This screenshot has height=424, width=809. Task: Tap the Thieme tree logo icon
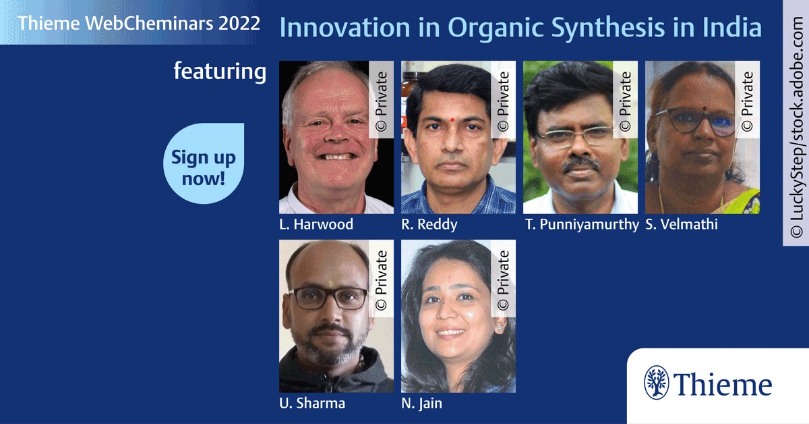click(657, 383)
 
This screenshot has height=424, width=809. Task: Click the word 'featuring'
click(220, 71)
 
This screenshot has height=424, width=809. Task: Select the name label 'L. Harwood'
click(316, 225)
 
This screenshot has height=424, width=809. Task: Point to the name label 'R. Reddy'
click(429, 225)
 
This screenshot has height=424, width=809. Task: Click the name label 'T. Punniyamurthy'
click(581, 225)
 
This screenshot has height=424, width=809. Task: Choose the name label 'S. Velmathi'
click(681, 225)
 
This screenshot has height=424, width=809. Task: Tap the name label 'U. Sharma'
click(311, 404)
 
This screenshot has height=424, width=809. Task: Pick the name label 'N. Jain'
click(421, 404)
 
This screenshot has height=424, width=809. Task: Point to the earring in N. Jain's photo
click(500, 326)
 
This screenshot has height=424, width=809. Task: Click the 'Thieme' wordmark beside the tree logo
click(723, 385)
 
